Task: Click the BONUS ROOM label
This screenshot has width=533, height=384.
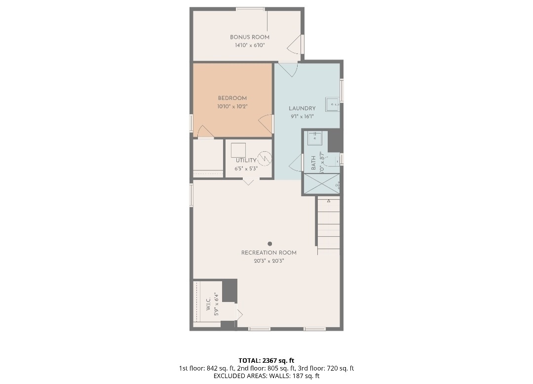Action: click(x=250, y=37)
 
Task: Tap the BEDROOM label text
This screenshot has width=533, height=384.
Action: click(x=232, y=98)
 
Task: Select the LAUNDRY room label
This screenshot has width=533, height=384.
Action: click(x=302, y=108)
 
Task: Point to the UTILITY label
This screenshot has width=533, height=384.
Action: click(x=246, y=160)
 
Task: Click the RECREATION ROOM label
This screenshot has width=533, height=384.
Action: click(x=268, y=253)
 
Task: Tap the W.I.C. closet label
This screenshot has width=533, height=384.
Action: click(x=208, y=303)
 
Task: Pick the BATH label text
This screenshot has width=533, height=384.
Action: click(x=313, y=163)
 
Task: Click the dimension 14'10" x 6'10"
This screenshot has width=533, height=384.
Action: click(x=250, y=45)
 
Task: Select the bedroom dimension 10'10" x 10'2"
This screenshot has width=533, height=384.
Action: click(x=232, y=106)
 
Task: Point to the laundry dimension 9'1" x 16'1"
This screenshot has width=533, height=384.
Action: click(x=302, y=117)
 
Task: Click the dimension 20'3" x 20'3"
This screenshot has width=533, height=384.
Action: click(x=268, y=261)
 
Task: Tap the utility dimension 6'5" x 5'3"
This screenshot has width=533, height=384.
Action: click(x=246, y=169)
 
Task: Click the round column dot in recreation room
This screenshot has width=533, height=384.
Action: click(x=269, y=244)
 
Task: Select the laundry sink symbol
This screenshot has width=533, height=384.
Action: click(x=333, y=104)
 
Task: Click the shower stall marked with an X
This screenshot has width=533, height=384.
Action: click(x=321, y=184)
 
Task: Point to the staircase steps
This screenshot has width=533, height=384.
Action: click(x=329, y=225)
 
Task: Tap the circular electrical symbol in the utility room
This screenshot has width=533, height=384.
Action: click(x=265, y=158)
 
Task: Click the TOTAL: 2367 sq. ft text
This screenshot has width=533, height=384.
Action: click(x=266, y=360)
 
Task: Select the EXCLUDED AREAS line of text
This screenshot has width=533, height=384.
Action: click(x=266, y=376)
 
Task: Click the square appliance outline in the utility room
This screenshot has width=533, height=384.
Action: click(x=238, y=150)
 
